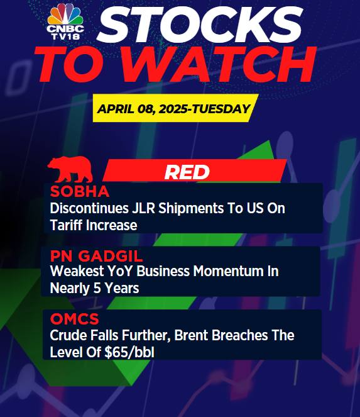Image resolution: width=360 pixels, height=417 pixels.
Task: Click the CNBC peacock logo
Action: (65, 21)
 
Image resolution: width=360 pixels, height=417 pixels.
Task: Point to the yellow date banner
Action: (176, 108)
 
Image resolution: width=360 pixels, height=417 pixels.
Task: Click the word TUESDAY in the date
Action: (221, 109)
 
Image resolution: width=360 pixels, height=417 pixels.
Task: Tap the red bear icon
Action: (70, 169)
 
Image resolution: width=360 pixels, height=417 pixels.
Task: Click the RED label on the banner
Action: (187, 172)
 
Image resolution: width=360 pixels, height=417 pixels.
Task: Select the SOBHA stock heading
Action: (80, 191)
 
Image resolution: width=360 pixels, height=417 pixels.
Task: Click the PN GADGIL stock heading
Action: (97, 256)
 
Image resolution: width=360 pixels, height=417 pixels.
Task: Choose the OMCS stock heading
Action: (74, 319)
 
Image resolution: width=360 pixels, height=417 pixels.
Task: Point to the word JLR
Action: (143, 208)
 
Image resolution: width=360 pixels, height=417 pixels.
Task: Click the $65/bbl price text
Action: (129, 352)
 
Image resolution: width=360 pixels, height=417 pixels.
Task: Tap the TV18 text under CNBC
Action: (65, 36)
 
